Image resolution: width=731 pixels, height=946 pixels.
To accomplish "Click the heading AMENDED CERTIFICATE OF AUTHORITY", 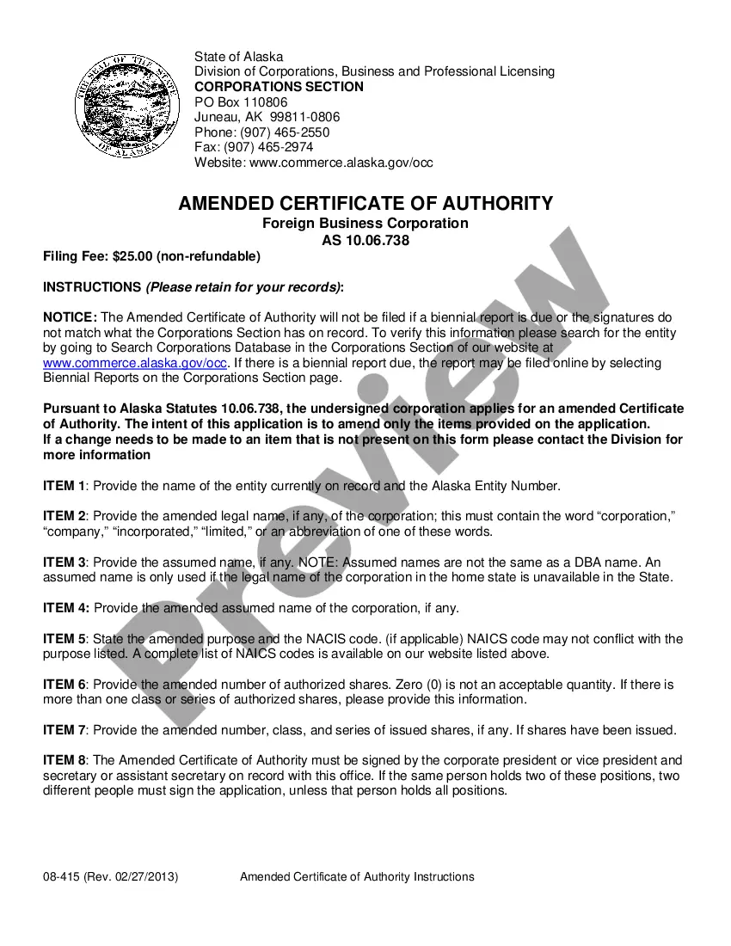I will coord(365,204).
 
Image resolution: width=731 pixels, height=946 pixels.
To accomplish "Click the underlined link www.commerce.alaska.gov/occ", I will coord(135,363).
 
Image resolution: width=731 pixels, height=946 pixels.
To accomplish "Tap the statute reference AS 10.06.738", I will coord(365,241).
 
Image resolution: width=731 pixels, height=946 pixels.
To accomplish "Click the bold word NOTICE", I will coord(69,317).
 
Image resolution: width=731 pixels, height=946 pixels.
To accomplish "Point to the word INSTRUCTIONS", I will coord(91,286).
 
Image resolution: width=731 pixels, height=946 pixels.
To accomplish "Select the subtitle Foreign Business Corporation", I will coord(365,224).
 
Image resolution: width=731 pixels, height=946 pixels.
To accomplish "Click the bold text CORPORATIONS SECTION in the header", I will coord(279,87).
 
